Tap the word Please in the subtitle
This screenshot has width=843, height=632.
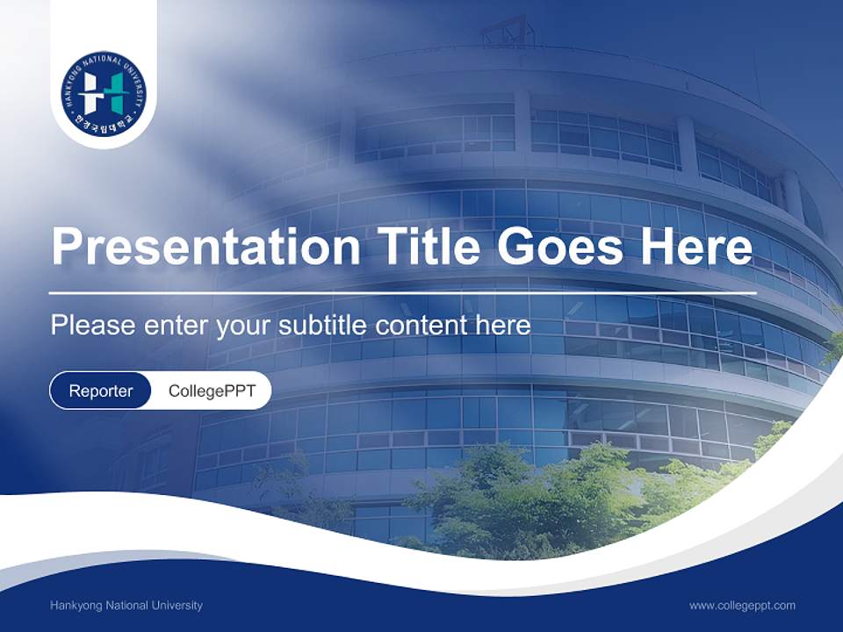[91, 326]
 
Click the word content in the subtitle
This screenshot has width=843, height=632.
[425, 326]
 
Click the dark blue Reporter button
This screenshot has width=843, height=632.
[101, 391]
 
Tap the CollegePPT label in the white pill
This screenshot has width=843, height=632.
[212, 391]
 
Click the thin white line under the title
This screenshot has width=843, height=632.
[402, 292]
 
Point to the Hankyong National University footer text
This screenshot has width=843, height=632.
[126, 606]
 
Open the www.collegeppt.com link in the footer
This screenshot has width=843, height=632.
[742, 606]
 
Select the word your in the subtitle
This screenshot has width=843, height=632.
[244, 326]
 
